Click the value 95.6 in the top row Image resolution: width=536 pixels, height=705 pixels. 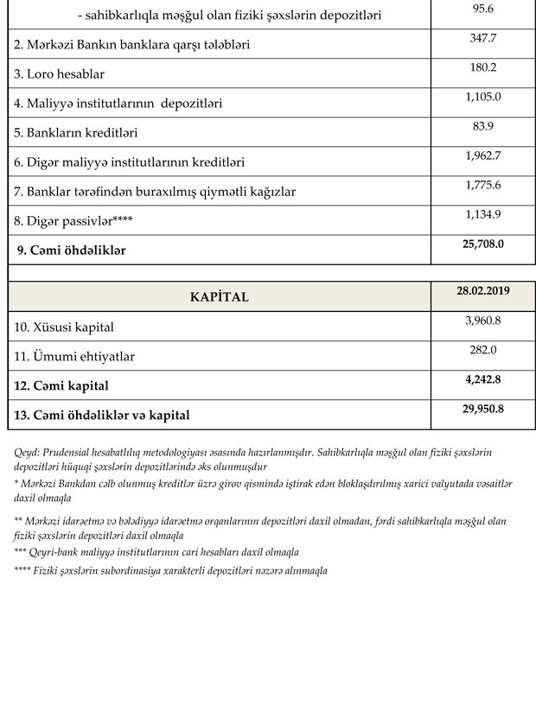click(x=483, y=9)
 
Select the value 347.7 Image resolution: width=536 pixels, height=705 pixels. click(x=483, y=38)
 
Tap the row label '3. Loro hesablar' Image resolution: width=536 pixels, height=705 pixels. click(x=58, y=74)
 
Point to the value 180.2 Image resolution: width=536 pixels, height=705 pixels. click(x=483, y=67)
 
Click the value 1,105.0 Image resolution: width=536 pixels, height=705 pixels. click(x=483, y=97)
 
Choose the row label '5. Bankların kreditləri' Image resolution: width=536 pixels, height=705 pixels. click(x=76, y=133)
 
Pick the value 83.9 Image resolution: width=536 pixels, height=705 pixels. click(x=483, y=126)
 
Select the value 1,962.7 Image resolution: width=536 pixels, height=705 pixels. click(x=483, y=156)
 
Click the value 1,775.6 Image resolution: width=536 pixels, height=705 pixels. click(x=483, y=185)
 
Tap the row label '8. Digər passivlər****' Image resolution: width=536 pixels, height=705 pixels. click(x=73, y=221)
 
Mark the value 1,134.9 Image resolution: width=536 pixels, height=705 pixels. click(x=483, y=214)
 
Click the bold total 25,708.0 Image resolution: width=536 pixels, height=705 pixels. click(x=483, y=244)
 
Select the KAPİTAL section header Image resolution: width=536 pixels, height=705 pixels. click(x=219, y=296)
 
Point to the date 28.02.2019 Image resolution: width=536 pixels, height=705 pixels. click(x=483, y=290)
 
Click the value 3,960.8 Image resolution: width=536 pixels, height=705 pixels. click(x=483, y=321)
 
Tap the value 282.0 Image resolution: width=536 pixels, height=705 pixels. click(x=483, y=349)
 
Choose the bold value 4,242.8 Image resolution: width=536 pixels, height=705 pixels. click(x=483, y=378)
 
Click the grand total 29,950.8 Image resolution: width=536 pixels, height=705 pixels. click(x=483, y=408)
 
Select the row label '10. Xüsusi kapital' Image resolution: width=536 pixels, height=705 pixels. click(x=64, y=327)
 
